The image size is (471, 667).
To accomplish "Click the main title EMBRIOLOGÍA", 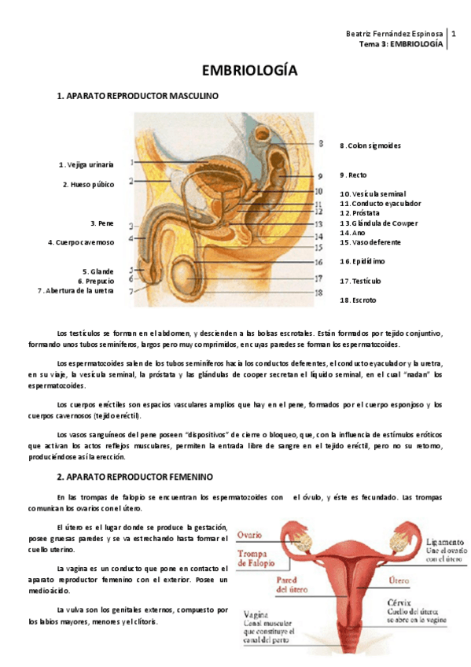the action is point(249,71).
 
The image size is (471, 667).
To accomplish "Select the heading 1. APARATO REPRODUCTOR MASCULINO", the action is point(138,96).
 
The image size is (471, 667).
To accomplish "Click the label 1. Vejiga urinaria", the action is point(86,164).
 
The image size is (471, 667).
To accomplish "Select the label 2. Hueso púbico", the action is point(88,185).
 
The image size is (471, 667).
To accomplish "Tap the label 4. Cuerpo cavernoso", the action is point(81,242).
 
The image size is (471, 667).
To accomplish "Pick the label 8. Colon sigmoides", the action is point(370,146).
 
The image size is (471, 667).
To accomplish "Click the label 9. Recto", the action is point(353,175).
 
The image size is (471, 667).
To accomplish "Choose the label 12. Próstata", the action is point(360,212).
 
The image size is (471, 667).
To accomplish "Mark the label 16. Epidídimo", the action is point(362,261).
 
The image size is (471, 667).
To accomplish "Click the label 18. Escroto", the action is point(358,300).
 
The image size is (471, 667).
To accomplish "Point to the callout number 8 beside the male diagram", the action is point(320,144).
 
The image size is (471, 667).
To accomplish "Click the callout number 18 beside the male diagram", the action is point(318,293).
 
